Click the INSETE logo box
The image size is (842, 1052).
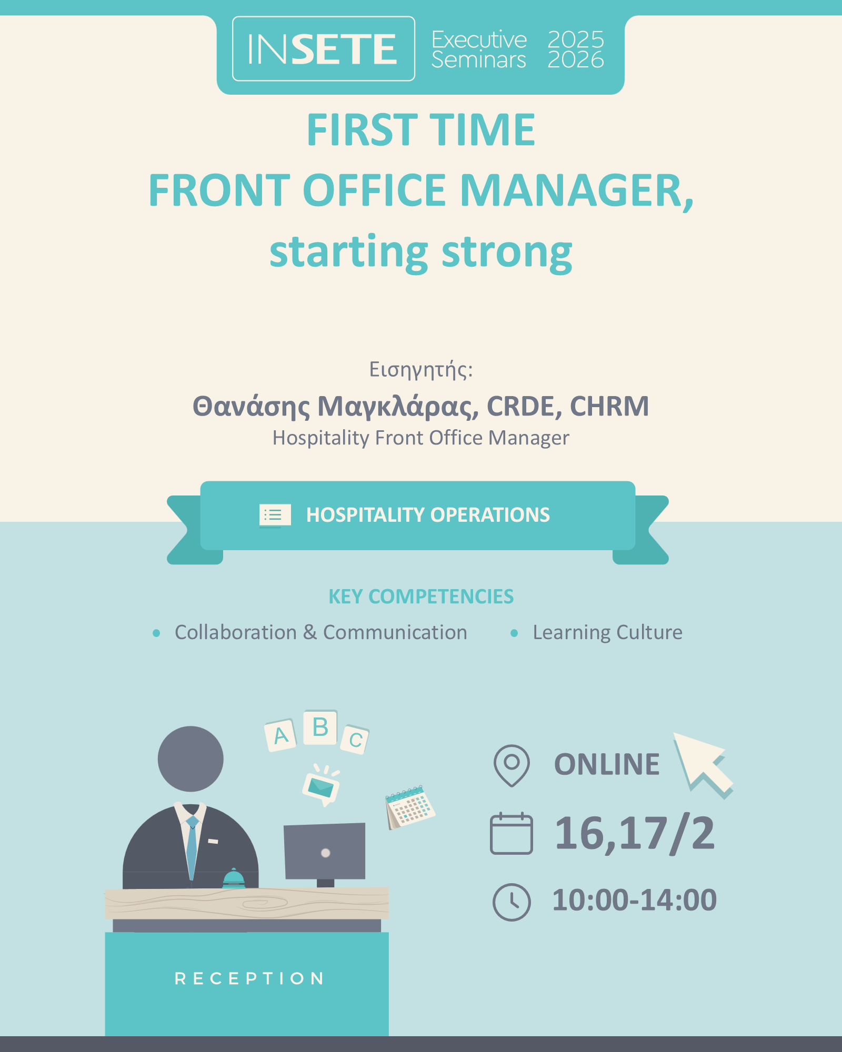[x=324, y=49]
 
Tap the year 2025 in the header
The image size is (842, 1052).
[x=576, y=39]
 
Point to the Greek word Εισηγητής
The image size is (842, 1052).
[x=421, y=370]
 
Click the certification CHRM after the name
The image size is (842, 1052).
[x=609, y=406]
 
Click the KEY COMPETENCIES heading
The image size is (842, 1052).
[x=421, y=596]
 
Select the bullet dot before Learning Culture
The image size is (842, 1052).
[x=514, y=633]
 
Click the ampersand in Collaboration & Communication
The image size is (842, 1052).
[x=310, y=632]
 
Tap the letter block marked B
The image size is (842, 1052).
[x=320, y=727]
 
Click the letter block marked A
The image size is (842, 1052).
[x=280, y=735]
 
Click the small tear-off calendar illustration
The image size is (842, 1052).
[x=410, y=807]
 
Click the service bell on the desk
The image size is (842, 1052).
[x=234, y=879]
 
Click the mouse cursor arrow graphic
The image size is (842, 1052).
[x=703, y=764]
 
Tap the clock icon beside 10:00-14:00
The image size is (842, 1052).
[x=512, y=902]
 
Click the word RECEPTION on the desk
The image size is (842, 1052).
[x=249, y=978]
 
